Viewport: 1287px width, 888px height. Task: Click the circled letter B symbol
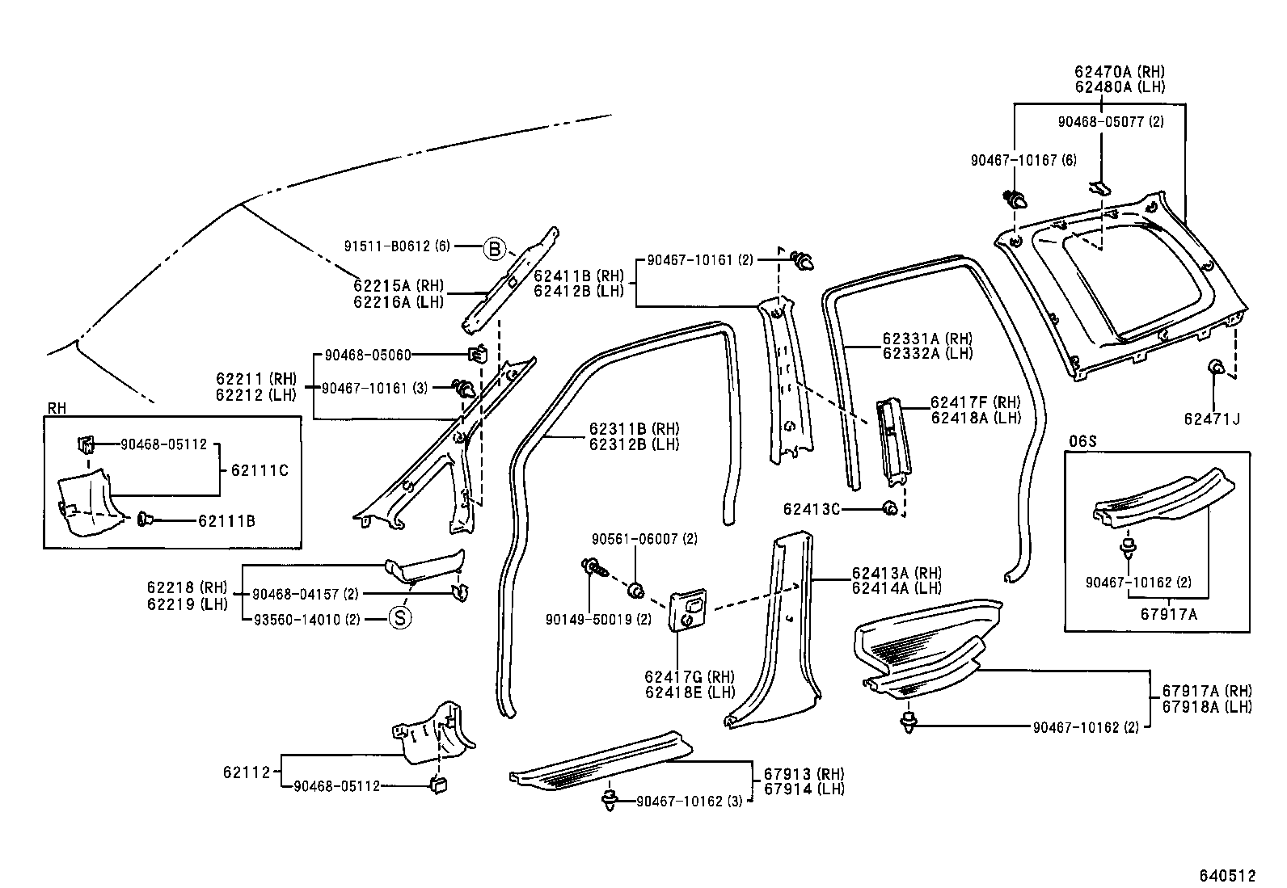[x=494, y=247]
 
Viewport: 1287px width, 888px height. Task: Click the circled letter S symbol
[x=400, y=619]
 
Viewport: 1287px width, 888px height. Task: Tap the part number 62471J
[x=1211, y=419]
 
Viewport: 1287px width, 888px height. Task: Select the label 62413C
[x=811, y=509]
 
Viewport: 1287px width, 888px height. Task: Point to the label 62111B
[x=226, y=521]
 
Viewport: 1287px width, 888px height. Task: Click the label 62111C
[x=260, y=470]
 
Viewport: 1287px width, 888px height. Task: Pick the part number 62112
[x=246, y=772]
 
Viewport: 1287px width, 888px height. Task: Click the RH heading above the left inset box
[x=56, y=409]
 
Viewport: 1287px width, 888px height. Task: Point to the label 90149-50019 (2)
[x=597, y=620]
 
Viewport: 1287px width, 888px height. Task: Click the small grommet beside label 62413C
[x=888, y=508]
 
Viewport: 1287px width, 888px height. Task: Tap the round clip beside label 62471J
[x=1214, y=368]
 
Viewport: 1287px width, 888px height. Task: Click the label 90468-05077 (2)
[x=1111, y=122]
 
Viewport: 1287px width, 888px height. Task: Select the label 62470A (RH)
[x=1119, y=72]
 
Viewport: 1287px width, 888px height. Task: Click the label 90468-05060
[x=368, y=355]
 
